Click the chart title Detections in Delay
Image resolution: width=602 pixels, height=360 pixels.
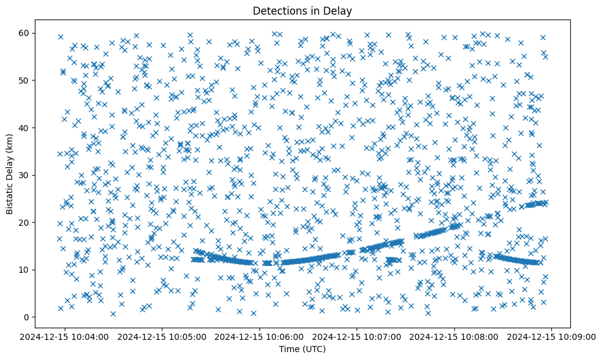point(302,10)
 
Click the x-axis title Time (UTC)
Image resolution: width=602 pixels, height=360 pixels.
point(302,349)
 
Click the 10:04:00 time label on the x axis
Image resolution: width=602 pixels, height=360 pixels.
point(65,336)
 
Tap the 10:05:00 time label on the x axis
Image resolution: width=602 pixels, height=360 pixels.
point(163,336)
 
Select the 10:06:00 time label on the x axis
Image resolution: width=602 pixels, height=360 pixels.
point(260,336)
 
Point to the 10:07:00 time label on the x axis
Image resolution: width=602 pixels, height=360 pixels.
point(357,336)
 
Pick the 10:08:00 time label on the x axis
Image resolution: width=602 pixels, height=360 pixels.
point(455,336)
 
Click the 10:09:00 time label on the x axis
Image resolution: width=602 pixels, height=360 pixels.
point(552,336)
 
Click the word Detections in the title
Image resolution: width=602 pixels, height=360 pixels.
point(278,10)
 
